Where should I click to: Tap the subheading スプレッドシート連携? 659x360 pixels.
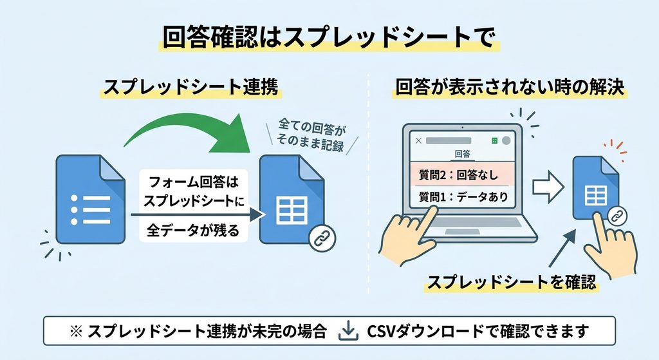point(190,87)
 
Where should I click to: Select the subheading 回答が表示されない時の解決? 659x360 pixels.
point(510,87)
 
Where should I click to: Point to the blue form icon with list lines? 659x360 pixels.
point(90,199)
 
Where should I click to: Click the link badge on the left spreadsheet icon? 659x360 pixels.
point(322,238)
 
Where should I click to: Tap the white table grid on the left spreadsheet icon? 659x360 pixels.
point(292,209)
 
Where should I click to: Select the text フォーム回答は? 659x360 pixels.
point(193,182)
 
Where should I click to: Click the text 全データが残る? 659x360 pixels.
point(193,231)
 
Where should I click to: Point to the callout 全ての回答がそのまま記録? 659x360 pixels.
point(311,135)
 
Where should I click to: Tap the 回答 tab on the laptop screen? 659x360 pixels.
point(462,154)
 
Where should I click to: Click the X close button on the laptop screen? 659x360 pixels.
point(418,141)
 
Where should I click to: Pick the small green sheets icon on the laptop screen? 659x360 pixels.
point(495,140)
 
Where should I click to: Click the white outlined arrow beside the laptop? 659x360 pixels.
point(548,186)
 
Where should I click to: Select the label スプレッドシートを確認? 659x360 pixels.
point(512,282)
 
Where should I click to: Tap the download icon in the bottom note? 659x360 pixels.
point(348,330)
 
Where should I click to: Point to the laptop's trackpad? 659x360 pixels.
point(462,232)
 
